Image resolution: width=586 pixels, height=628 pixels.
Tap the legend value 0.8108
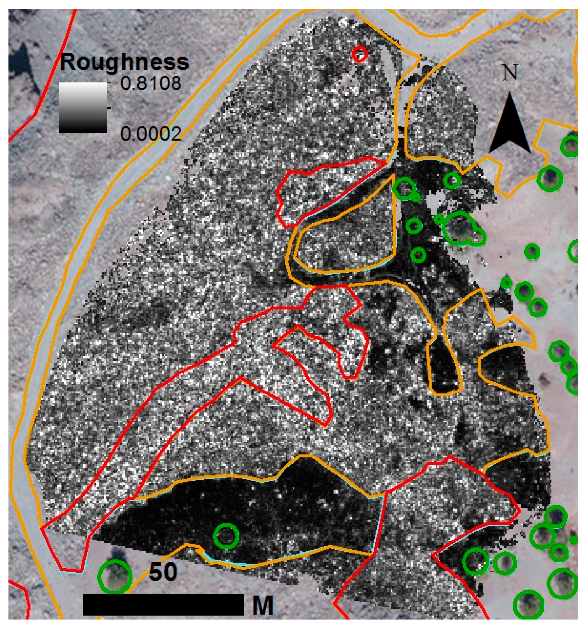pos(151,83)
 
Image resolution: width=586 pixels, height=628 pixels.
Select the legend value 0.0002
pos(151,134)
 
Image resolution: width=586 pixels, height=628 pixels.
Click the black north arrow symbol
pos(510,125)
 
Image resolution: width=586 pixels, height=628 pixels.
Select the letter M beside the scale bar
pos(263,605)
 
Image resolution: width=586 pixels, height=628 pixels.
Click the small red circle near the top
pos(360,54)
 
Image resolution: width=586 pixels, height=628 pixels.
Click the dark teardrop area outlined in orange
pos(444,368)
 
